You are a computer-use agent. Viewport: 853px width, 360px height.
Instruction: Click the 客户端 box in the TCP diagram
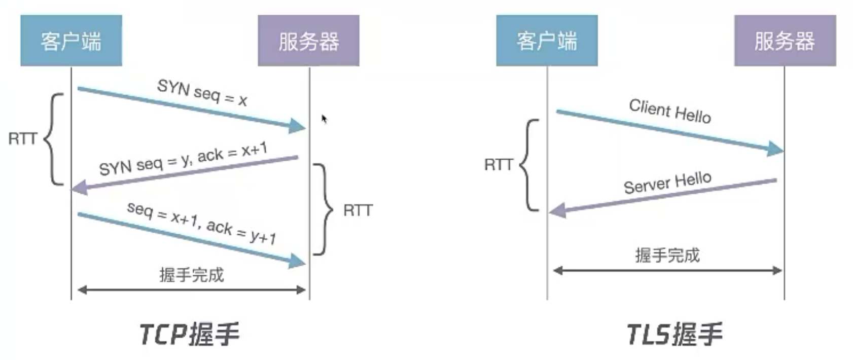tap(71, 41)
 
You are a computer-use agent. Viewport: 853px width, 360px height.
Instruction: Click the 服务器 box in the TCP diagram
tap(308, 41)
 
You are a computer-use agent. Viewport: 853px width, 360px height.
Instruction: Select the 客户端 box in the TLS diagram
tap(547, 41)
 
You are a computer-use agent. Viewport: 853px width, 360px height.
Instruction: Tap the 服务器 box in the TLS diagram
tap(785, 41)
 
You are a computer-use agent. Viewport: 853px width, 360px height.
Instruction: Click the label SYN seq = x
tap(202, 92)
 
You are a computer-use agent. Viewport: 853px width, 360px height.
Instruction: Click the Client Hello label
tap(669, 111)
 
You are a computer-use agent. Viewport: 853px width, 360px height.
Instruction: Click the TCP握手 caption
tap(189, 335)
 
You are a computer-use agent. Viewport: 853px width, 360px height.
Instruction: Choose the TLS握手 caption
tap(674, 335)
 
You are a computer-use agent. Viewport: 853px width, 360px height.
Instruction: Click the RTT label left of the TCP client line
tap(22, 138)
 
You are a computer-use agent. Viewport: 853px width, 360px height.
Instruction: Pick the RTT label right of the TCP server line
tap(358, 210)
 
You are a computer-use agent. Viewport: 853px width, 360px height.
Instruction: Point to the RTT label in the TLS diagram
tap(499, 164)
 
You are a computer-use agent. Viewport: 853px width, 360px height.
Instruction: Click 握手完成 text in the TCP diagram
tap(191, 275)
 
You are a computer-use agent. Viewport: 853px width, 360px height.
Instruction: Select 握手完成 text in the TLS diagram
tap(667, 255)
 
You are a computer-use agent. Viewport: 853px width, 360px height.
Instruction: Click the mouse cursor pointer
tap(324, 119)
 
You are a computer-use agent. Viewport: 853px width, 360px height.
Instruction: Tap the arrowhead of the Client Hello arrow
tap(776, 149)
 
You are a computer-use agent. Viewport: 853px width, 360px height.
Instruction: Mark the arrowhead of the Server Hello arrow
tap(557, 210)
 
